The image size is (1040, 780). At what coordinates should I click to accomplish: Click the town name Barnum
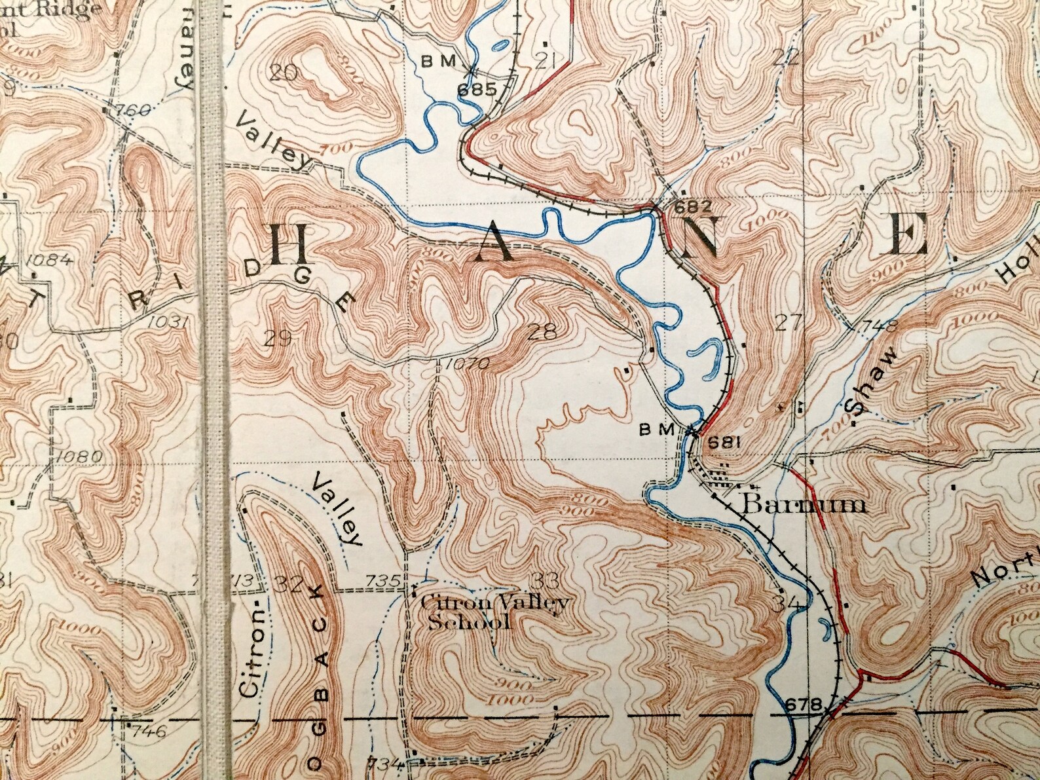click(805, 504)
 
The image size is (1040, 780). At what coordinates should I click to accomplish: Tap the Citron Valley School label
click(494, 612)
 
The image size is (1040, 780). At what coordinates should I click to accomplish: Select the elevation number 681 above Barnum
click(724, 442)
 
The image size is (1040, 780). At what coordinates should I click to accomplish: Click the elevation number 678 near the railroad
click(802, 705)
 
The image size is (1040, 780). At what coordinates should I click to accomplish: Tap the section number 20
click(284, 73)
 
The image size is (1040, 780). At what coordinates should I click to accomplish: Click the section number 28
click(542, 333)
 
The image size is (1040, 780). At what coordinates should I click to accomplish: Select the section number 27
click(789, 322)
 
